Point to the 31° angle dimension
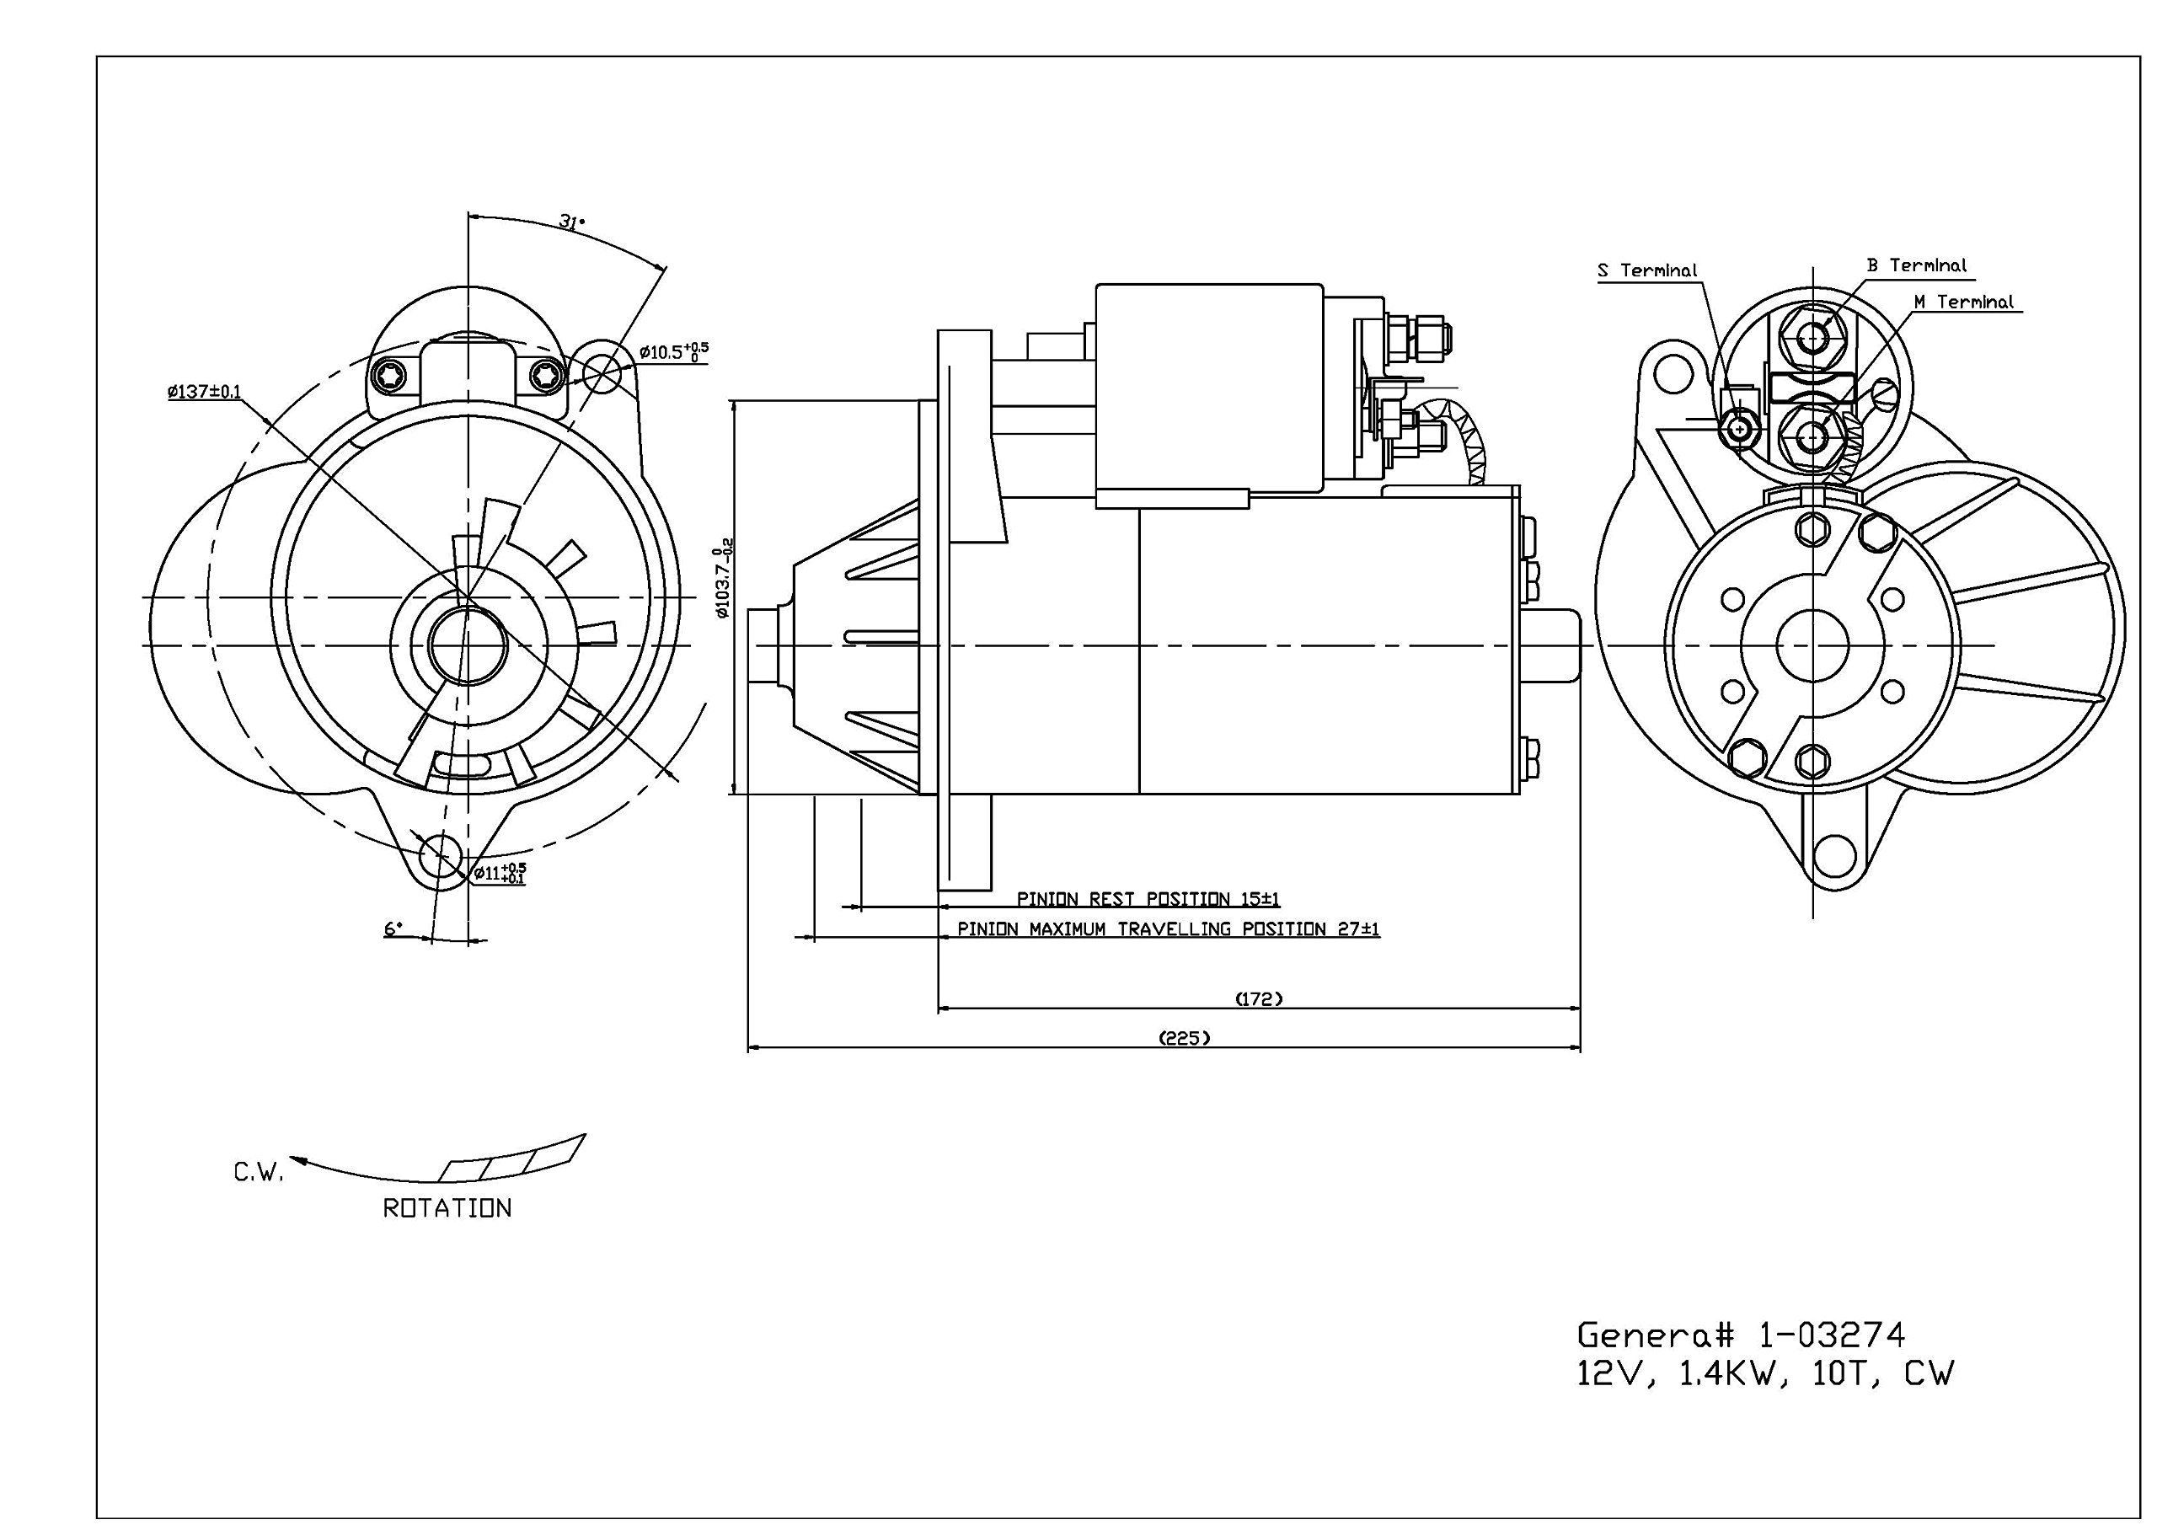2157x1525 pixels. pos(571,222)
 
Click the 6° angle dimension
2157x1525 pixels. pos(393,929)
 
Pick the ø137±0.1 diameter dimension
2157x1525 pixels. pos(205,392)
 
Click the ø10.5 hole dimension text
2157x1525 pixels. pos(673,352)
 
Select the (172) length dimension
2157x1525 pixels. pos(1258,998)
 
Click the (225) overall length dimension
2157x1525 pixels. pos(1185,1038)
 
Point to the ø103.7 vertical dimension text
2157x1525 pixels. pos(721,582)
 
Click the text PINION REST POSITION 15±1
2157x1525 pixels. pos(1148,899)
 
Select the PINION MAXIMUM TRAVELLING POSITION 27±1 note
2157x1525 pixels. pos(1168,929)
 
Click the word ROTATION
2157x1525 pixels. pos(447,1208)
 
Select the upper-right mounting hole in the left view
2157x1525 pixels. pos(602,373)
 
